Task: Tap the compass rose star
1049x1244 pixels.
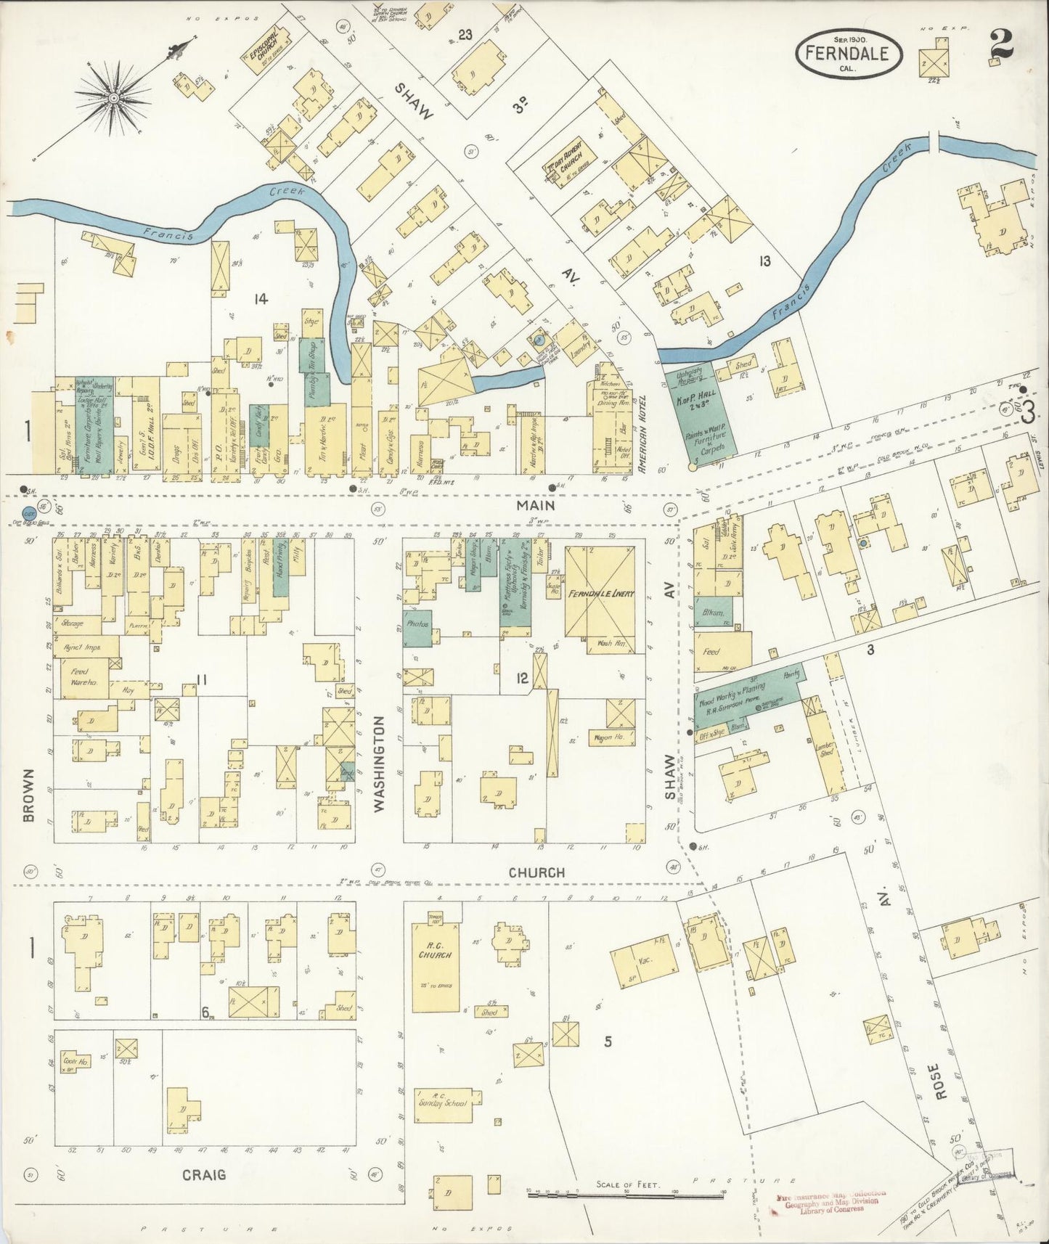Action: point(114,97)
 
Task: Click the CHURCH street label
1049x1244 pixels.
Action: point(536,872)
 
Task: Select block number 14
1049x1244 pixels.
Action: point(260,298)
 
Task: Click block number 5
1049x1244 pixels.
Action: point(608,1042)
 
